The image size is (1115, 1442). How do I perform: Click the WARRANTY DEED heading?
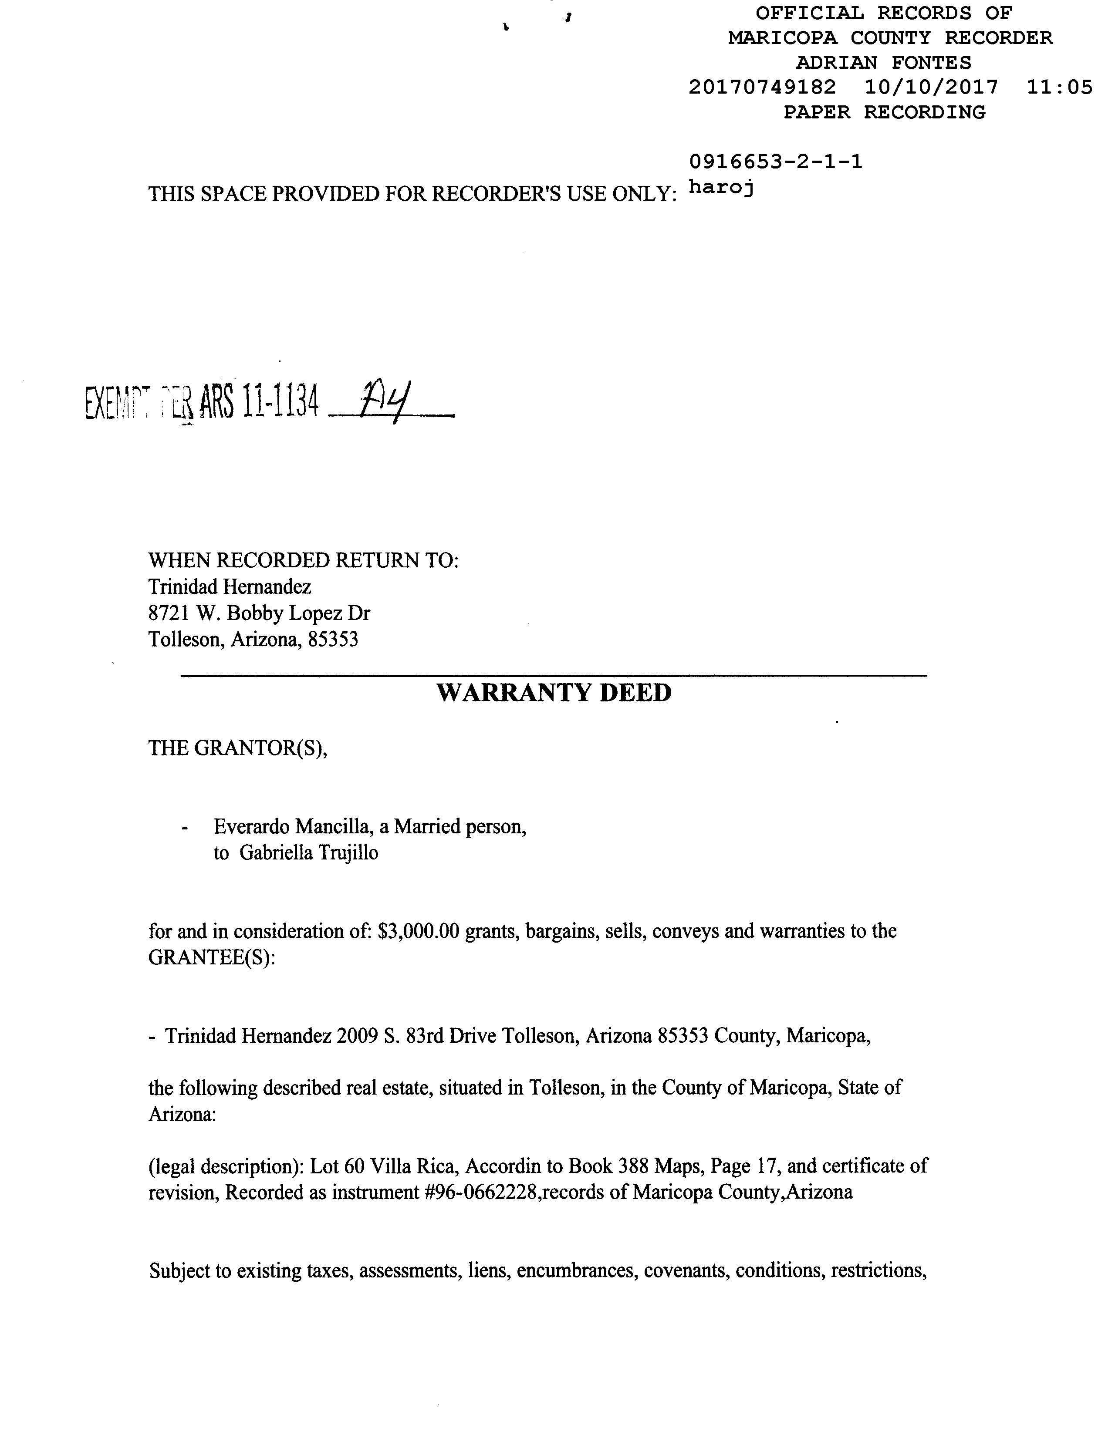[x=554, y=693]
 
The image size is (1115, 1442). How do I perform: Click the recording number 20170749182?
[x=762, y=87]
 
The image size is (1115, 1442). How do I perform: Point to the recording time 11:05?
[x=1060, y=87]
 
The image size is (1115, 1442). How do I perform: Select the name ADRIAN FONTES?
[x=883, y=63]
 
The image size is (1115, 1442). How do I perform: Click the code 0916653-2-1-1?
[x=775, y=162]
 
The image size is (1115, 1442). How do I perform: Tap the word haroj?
[x=721, y=188]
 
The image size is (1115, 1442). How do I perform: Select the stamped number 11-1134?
[x=281, y=402]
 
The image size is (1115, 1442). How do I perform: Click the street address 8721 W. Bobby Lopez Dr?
[x=259, y=613]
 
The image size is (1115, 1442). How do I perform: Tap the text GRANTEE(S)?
[x=211, y=957]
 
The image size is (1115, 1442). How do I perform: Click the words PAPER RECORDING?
[x=884, y=112]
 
